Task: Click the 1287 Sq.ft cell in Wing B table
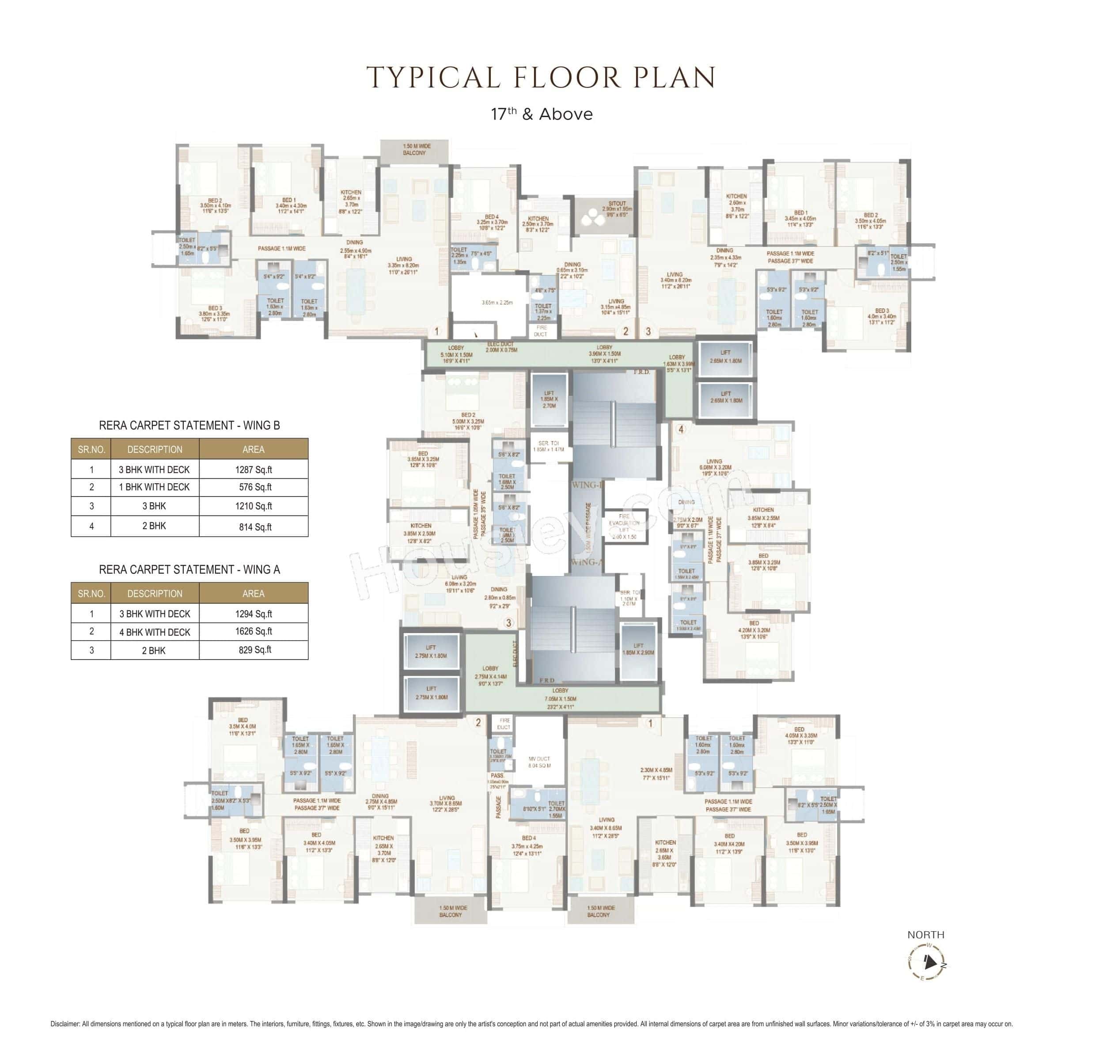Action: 253,469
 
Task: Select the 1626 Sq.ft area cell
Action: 253,631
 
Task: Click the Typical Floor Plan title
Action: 540,78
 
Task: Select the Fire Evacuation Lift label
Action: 624,526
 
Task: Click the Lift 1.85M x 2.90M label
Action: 638,649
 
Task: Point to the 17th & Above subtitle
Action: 542,114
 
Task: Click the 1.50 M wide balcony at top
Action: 415,150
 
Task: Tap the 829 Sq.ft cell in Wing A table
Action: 253,650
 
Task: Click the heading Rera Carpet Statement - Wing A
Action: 189,569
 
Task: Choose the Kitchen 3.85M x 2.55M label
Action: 763,514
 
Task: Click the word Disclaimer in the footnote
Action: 65,1024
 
